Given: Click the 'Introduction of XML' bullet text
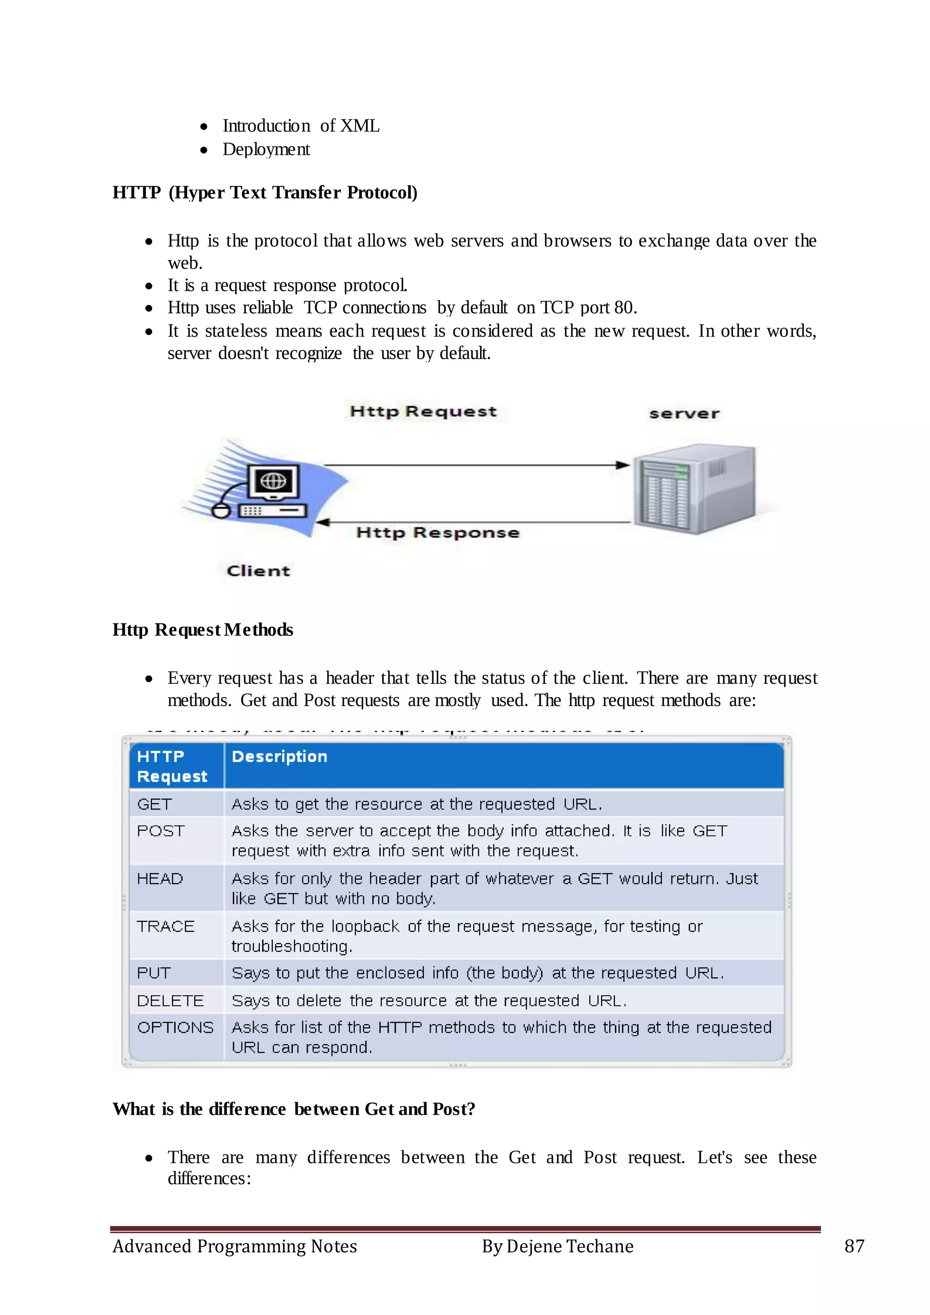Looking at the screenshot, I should [301, 125].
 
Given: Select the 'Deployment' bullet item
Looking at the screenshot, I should [266, 149].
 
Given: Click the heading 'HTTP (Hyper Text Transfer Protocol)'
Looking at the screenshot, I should [265, 193].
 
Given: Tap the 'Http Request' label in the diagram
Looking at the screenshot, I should [423, 411].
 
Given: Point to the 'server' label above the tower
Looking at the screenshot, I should [684, 414].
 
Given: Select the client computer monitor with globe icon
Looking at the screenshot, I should [273, 482].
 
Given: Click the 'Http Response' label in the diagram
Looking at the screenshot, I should [437, 533].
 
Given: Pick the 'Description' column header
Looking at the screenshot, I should [279, 756].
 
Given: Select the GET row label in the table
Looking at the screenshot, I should [154, 804].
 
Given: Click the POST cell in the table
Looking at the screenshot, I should [161, 831].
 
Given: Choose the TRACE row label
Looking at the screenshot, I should [165, 926].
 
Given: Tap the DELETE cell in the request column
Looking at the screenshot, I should [170, 1001].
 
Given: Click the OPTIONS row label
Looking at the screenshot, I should [175, 1028].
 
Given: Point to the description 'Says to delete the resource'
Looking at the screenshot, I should [429, 1001].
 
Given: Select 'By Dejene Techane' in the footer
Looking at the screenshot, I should [557, 1246].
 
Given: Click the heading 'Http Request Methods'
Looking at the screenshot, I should [203, 629].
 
